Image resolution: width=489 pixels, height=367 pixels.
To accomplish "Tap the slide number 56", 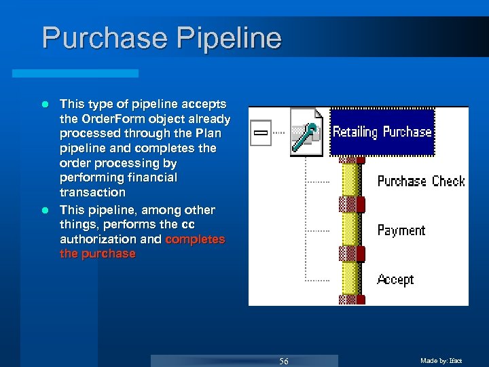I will (x=284, y=361).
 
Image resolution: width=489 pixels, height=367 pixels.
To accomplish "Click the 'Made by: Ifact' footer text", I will (x=441, y=361).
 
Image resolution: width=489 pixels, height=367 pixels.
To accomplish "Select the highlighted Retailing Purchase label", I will (x=382, y=132).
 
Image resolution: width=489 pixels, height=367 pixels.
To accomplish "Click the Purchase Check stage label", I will (x=420, y=181).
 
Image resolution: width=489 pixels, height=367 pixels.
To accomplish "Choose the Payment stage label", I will (x=401, y=230).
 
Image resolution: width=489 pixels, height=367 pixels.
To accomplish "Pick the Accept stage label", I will (x=395, y=279).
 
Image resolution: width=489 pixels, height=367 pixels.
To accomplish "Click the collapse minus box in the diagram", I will (x=260, y=133).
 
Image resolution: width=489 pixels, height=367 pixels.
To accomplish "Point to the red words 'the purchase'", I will (x=98, y=254).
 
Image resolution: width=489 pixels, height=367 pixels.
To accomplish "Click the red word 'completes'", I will (x=195, y=239).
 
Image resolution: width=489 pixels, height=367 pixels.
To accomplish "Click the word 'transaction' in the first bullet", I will (x=92, y=192).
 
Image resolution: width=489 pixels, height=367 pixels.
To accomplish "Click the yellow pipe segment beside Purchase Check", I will (x=350, y=180).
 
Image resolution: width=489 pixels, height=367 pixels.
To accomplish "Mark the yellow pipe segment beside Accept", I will (x=350, y=279).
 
